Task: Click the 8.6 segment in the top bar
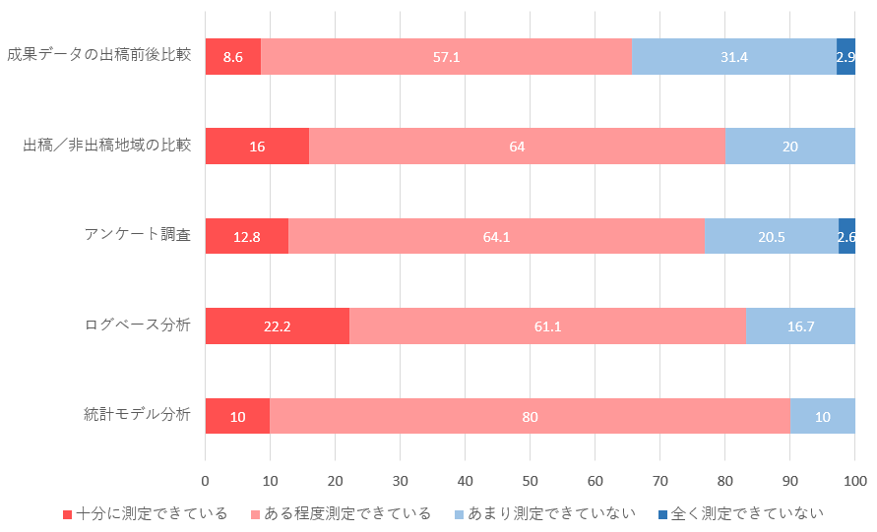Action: (233, 57)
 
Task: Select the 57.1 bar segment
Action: (446, 57)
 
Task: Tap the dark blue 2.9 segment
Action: (846, 57)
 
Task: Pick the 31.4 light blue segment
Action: (733, 57)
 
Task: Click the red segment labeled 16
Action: (257, 147)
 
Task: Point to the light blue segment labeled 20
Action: (789, 147)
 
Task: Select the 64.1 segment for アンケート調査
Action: (496, 236)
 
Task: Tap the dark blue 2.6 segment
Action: (846, 236)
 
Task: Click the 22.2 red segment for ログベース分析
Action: (277, 326)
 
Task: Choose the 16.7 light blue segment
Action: (800, 326)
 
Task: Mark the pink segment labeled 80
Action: (530, 416)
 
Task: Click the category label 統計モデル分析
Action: (137, 414)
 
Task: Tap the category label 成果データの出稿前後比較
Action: (98, 55)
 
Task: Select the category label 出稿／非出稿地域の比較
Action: (106, 146)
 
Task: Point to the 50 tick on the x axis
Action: (530, 481)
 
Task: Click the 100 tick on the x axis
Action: (854, 481)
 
